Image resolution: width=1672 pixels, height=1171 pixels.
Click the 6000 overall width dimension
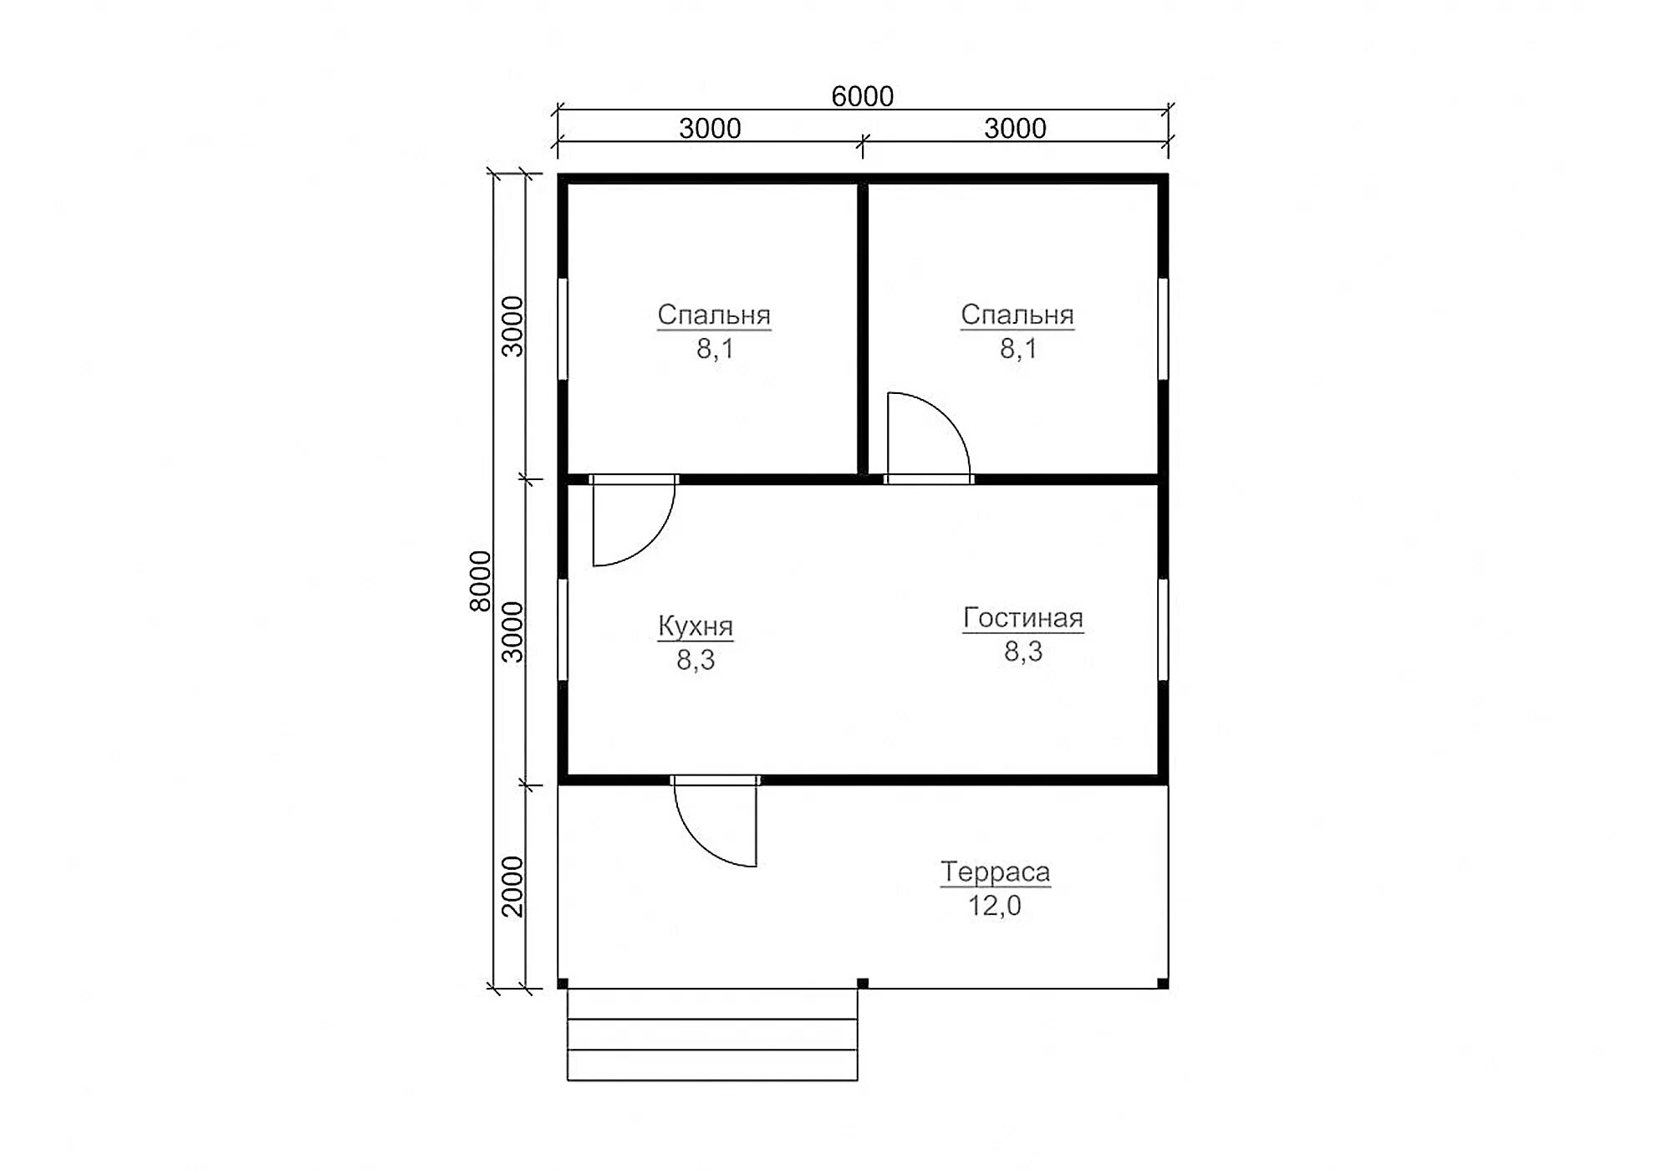pyautogui.click(x=862, y=96)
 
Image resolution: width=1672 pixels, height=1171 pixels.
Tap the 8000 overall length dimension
pyautogui.click(x=480, y=580)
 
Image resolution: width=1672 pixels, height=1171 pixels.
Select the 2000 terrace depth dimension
pyautogui.click(x=512, y=886)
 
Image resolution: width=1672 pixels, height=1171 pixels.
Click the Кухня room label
pyautogui.click(x=696, y=626)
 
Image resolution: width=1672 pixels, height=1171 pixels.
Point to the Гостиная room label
pyautogui.click(x=1023, y=618)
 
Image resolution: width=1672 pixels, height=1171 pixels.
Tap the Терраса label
pyautogui.click(x=995, y=872)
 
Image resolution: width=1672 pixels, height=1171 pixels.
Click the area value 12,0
pyautogui.click(x=995, y=905)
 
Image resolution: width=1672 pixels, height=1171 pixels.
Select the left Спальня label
pyautogui.click(x=714, y=314)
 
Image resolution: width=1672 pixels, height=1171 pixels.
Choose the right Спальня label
pyautogui.click(x=1017, y=314)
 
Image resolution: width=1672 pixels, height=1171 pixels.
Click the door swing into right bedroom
pyautogui.click(x=946, y=417)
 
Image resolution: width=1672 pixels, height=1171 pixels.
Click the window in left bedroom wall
pyautogui.click(x=563, y=329)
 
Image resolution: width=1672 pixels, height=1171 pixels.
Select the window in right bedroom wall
pyautogui.click(x=1163, y=329)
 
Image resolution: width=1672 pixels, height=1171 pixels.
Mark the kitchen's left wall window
pyautogui.click(x=563, y=630)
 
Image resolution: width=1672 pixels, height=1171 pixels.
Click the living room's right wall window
pyautogui.click(x=1163, y=630)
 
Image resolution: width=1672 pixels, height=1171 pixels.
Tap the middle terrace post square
pyautogui.click(x=863, y=984)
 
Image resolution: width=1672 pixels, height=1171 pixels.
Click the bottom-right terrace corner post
pyautogui.click(x=1163, y=984)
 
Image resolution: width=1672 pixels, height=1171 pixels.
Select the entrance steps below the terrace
pyautogui.click(x=712, y=1035)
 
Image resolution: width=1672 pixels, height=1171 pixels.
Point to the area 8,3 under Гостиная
pyautogui.click(x=1023, y=652)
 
